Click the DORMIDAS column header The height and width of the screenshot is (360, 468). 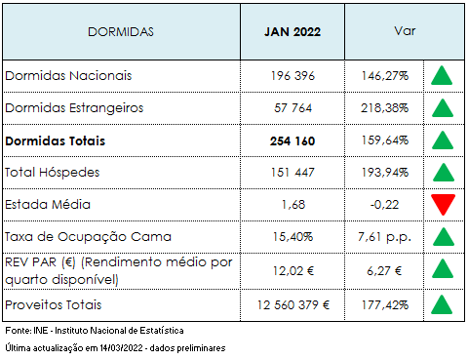(121, 31)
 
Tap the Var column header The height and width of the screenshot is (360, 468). (405, 31)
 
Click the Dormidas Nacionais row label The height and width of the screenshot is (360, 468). (68, 75)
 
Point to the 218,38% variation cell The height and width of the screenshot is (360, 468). (383, 108)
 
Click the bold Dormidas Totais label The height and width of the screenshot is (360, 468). (56, 140)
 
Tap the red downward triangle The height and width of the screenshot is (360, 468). (443, 205)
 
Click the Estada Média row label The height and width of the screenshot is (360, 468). (48, 205)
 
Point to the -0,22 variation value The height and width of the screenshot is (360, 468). (383, 205)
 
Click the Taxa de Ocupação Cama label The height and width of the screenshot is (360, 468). (89, 237)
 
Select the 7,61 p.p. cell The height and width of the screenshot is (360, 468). (383, 237)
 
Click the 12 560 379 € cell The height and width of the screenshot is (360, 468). (293, 304)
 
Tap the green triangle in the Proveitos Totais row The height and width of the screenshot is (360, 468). (443, 304)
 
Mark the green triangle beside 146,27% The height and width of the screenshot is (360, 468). (443, 75)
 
